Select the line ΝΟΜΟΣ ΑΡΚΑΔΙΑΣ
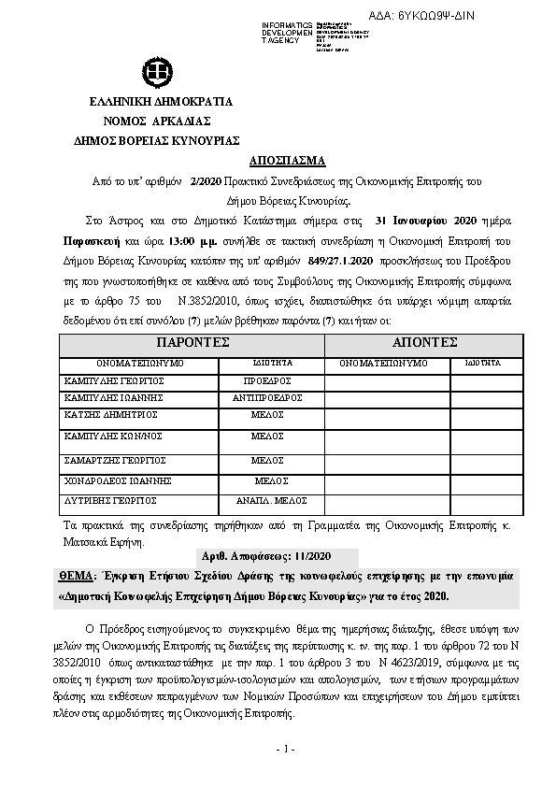tap(157, 121)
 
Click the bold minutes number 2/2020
tap(205, 181)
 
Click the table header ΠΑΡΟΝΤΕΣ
tap(192, 343)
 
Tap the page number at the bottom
tap(285, 750)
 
